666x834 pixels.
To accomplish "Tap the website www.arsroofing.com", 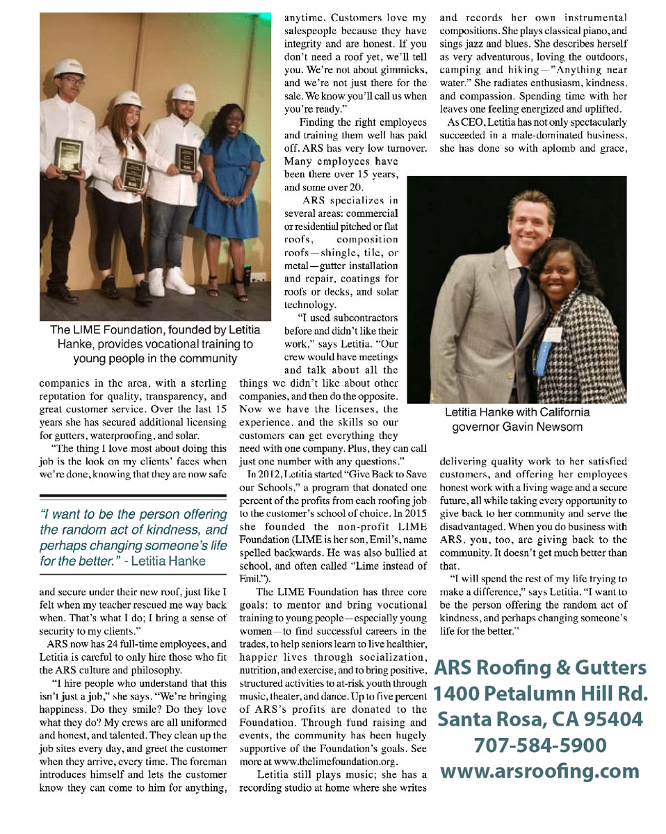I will point(540,771).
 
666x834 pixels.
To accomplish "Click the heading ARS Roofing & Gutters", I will point(540,668).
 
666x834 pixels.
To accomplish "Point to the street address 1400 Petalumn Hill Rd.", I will point(540,693).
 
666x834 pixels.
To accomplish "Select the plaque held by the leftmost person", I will point(69,155).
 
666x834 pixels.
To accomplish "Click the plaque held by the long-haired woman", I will point(133,173).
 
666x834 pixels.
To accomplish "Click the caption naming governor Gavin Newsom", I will point(517,419).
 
